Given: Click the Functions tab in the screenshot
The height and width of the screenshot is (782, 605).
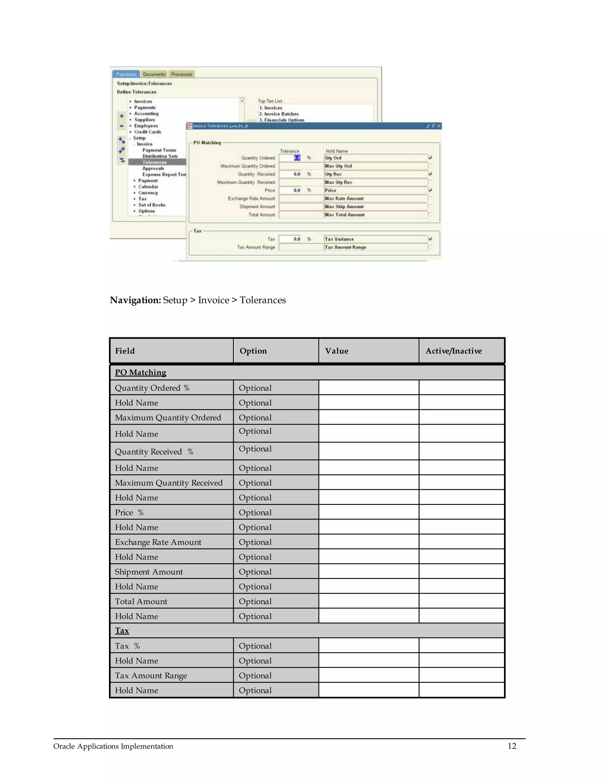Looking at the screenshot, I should click(x=126, y=74).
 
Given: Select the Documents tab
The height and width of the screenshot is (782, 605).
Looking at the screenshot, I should click(x=154, y=74).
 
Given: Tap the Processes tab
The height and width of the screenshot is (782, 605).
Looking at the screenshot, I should click(x=182, y=74).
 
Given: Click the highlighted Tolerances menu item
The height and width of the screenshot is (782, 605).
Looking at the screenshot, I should click(x=154, y=162).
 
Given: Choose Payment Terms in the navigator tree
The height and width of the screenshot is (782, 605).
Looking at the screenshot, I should click(x=159, y=150).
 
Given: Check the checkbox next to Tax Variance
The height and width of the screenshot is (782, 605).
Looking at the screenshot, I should click(x=430, y=239).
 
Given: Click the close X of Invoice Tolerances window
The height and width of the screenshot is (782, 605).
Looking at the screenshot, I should click(x=439, y=126).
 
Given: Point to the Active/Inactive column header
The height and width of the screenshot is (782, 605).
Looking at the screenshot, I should click(x=453, y=351).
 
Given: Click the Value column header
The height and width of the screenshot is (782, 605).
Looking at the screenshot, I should click(x=336, y=351).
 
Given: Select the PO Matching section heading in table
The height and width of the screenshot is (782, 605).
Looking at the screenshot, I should click(x=141, y=372).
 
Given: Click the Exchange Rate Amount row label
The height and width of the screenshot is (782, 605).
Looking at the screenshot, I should click(x=158, y=542).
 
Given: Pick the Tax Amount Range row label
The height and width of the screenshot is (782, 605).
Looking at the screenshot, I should click(x=151, y=676).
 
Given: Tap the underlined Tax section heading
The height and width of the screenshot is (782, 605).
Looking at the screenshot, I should click(x=122, y=631).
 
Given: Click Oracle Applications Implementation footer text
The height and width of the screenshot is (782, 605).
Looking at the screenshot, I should click(x=113, y=746).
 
